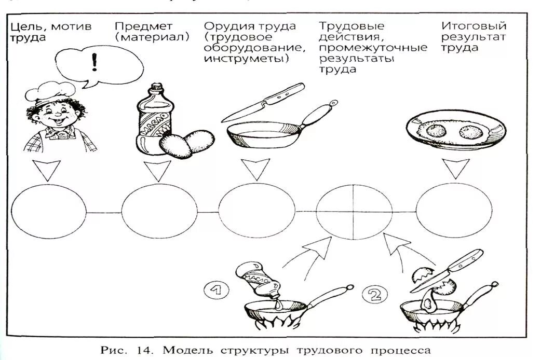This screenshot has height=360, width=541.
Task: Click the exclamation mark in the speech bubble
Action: (94, 62)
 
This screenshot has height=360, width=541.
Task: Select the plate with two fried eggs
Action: (455, 129)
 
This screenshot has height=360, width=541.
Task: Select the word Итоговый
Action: (474, 25)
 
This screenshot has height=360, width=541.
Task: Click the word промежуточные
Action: (373, 48)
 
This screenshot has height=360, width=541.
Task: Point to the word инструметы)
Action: (246, 59)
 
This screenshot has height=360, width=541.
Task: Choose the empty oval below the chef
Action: (48, 212)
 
